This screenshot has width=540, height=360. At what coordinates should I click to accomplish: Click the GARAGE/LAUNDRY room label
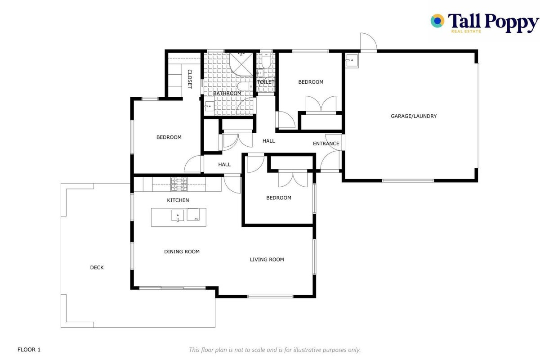(x=414, y=116)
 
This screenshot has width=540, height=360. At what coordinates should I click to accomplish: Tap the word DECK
(x=97, y=267)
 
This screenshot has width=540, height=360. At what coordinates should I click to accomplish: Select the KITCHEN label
(x=178, y=200)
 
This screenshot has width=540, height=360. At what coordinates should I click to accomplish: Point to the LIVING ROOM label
(x=267, y=259)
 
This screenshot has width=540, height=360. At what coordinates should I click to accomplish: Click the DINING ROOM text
(x=182, y=252)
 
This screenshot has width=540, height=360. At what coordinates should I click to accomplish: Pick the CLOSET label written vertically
(x=190, y=79)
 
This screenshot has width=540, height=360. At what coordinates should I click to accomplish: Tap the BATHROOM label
(x=227, y=93)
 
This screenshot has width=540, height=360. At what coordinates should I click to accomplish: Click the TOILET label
(x=266, y=82)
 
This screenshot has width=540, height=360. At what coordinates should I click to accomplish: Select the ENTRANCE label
(x=326, y=144)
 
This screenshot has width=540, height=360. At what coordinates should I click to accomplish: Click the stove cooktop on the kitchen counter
(x=179, y=184)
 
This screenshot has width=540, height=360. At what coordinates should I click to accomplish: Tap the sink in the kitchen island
(x=178, y=216)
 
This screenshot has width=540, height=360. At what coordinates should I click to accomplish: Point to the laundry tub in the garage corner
(x=352, y=60)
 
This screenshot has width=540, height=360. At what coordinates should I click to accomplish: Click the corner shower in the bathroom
(x=241, y=64)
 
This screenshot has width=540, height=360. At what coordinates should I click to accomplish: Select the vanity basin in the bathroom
(x=209, y=106)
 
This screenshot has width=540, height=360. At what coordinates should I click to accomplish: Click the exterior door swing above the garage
(x=368, y=42)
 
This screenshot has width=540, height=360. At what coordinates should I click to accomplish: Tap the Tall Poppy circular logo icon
(x=437, y=21)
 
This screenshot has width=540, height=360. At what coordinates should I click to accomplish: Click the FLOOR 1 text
(x=29, y=350)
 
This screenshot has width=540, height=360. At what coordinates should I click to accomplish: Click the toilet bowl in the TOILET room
(x=266, y=61)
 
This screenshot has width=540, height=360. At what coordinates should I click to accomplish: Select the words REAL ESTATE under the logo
(x=466, y=31)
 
